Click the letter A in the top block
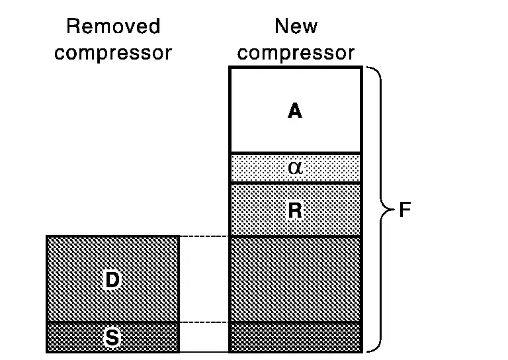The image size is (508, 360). tap(295, 111)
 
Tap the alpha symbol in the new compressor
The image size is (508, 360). tap(295, 167)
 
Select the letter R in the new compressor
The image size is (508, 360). tap(295, 211)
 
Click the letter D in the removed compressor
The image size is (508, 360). tap(112, 280)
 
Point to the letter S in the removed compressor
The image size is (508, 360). tap(112, 337)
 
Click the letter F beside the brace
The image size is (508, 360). tap(405, 210)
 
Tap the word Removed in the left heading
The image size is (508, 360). tap(113, 26)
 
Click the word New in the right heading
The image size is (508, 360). tap(296, 26)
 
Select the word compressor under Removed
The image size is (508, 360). tap(113, 52)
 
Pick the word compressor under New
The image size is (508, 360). tap(296, 52)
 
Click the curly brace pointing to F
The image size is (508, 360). tap(378, 210)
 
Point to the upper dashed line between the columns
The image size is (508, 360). tap(204, 236)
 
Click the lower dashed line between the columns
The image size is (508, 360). tap(204, 322)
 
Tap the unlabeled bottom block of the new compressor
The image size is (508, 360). tap(295, 337)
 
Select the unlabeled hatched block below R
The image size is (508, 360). tap(295, 279)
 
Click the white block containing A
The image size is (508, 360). tap(265, 93)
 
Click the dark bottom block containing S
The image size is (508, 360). tap(73, 337)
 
